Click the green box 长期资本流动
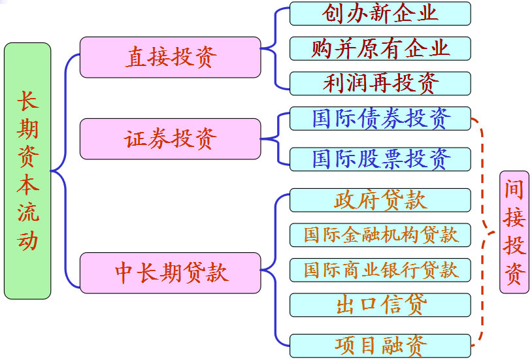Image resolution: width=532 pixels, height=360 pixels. pos(27,171)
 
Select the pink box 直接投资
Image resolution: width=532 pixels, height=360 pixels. pos(171,57)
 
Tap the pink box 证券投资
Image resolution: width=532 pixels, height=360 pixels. pos(171,139)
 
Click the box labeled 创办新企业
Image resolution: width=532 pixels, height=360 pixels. pos(380,14)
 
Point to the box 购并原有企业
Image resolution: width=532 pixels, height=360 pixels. pos(380,48)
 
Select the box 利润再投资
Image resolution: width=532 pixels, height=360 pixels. pos(380,83)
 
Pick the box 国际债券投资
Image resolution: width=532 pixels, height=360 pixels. pos(380,119)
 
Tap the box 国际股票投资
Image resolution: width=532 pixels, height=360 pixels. pos(380,159)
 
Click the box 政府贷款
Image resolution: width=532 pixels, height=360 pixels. pos(380,200)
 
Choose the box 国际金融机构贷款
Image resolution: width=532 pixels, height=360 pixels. pos(380,235)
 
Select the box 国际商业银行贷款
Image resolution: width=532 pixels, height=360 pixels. pos(380,269)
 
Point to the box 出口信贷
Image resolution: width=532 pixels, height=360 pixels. pos(380,304)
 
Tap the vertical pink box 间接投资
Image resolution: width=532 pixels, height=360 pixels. pos(514,232)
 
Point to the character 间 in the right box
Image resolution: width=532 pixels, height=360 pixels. pos(514,189)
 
